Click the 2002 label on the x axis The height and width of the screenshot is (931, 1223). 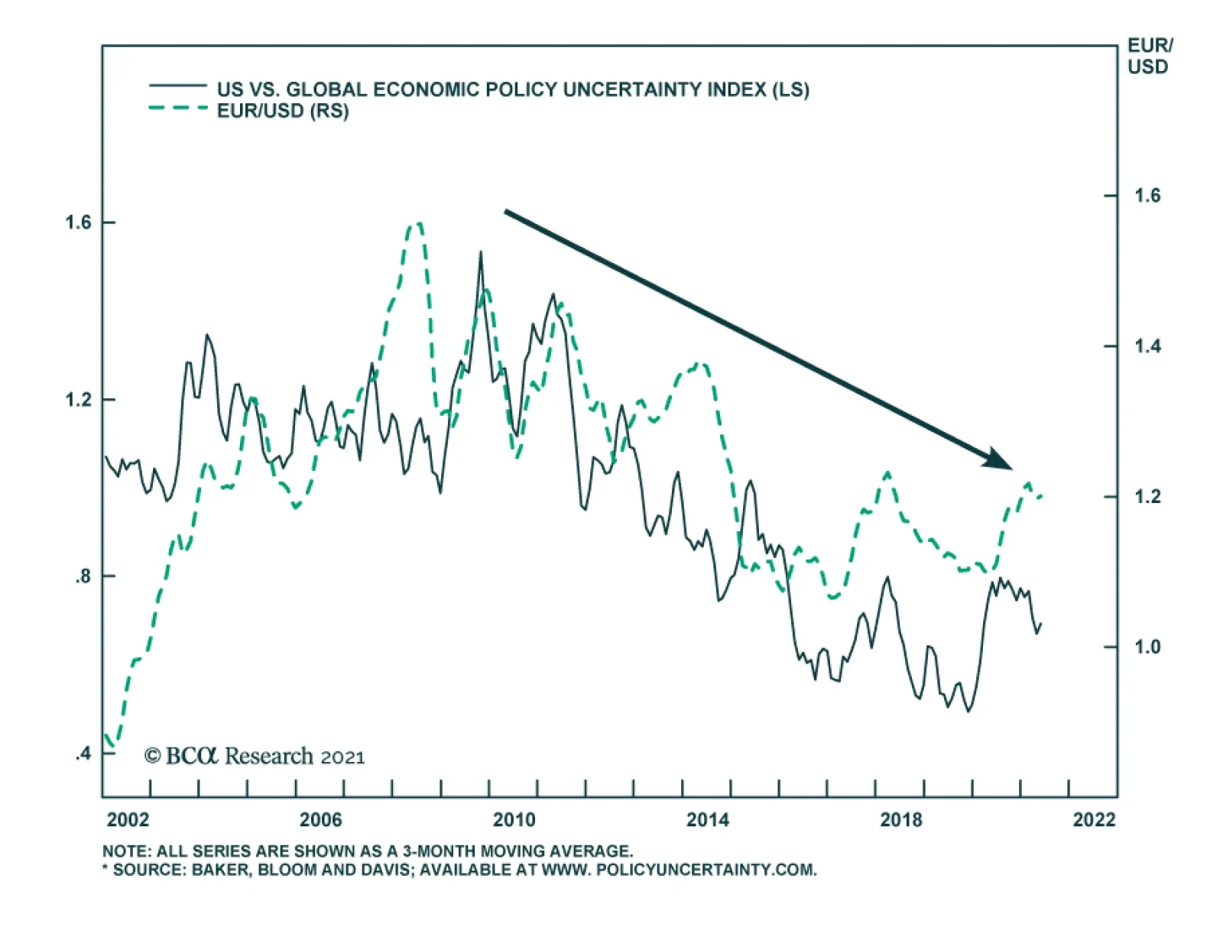coord(128,820)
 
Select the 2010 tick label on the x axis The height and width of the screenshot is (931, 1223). coord(514,820)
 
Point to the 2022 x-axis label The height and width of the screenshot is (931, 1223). coord(1094,820)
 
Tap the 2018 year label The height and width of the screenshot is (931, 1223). coord(901,820)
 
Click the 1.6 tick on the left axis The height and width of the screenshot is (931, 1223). coord(78,222)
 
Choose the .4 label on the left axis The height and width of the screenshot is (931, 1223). coord(83,754)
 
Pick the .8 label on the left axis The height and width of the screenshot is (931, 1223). coord(83,576)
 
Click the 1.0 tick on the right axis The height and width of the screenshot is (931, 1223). coord(1147,647)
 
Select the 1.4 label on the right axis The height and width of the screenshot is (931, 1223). coord(1147,346)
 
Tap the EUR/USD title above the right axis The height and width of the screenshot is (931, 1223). coord(1149,57)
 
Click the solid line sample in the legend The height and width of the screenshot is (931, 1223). coord(177,86)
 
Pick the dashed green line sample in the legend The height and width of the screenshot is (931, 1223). coord(177,109)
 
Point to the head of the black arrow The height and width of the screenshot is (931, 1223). coord(1001,461)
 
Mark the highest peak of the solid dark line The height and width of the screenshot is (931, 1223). coord(481,252)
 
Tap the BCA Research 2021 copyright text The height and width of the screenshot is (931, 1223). coord(255,756)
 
